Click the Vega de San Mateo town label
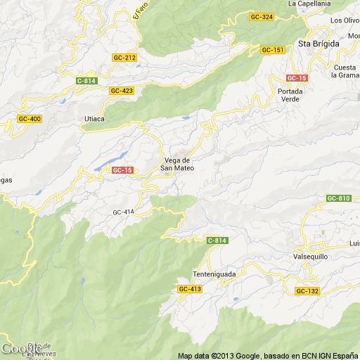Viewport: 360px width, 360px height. [x=177, y=164]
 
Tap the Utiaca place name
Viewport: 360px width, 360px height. [x=94, y=118]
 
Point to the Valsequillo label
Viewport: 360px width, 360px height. [x=312, y=257]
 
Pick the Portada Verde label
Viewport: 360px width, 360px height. [x=290, y=96]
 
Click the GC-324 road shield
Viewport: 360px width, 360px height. [x=261, y=16]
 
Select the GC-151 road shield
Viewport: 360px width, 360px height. [x=272, y=50]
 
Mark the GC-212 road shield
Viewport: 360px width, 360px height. [x=124, y=58]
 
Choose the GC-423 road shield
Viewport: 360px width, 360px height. [x=121, y=91]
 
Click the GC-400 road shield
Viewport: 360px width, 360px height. [x=30, y=119]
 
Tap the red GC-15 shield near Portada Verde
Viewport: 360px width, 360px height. [x=295, y=77]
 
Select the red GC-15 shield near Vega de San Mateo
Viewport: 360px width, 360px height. [x=122, y=170]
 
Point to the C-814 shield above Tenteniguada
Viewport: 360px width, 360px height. [x=217, y=241]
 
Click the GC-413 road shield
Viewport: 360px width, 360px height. [x=189, y=289]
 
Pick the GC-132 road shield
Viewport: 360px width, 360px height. [x=307, y=291]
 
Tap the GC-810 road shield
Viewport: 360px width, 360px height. [x=338, y=198]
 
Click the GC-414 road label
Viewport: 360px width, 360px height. [x=123, y=212]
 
